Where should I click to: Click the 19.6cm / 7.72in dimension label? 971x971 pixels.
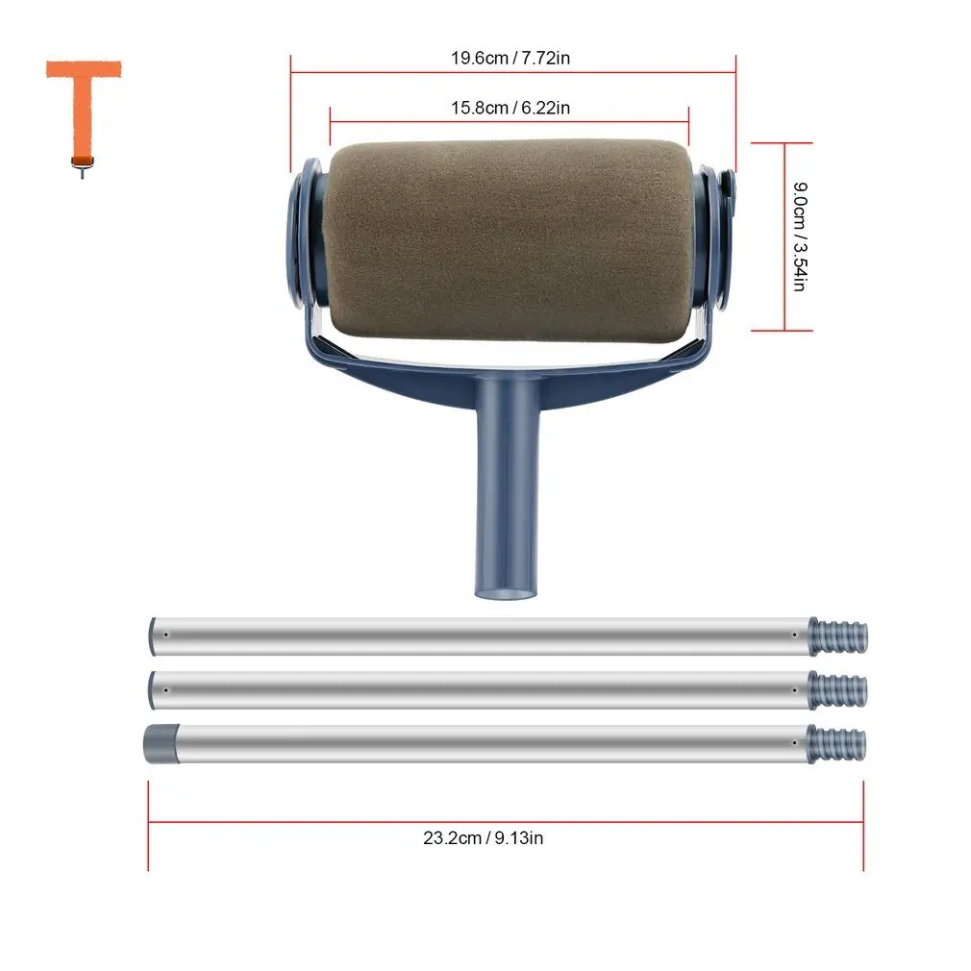(510, 58)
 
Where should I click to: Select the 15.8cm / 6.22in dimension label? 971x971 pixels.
(510, 108)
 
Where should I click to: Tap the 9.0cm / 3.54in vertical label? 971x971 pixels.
(799, 237)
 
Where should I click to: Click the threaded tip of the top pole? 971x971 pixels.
(840, 635)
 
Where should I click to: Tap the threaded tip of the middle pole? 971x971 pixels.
(840, 689)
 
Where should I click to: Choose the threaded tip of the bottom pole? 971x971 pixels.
(839, 743)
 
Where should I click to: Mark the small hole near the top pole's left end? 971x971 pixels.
(167, 635)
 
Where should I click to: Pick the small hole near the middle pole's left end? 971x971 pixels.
(167, 689)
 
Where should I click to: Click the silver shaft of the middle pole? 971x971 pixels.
(481, 689)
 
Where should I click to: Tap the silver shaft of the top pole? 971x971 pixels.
(481, 635)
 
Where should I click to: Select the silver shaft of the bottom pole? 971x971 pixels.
(481, 743)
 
